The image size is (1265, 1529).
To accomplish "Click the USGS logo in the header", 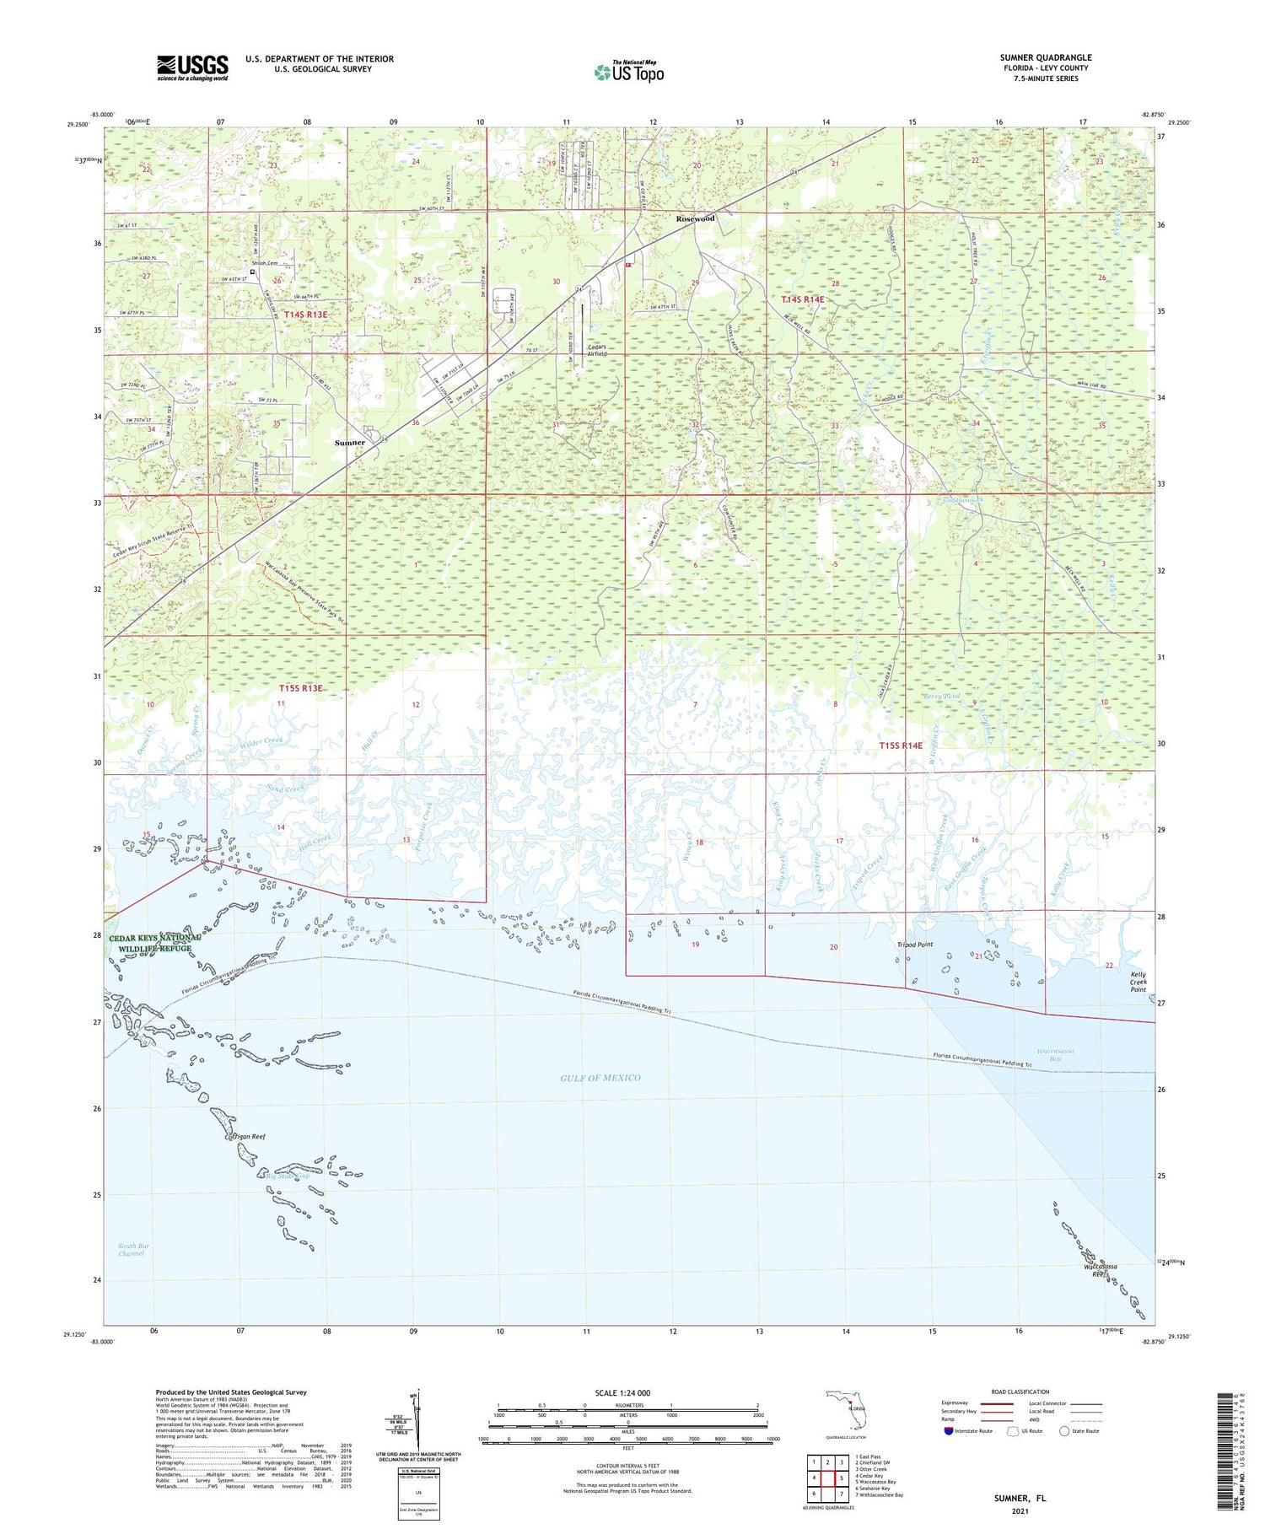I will [192, 67].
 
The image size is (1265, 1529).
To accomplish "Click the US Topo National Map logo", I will [629, 72].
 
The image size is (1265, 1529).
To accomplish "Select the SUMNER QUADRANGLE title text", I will [1045, 57].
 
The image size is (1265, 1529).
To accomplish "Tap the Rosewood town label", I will [695, 218].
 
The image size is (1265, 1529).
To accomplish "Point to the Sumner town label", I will [350, 443].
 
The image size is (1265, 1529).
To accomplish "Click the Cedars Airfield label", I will [596, 350].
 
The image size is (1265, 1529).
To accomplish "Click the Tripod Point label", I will [914, 945].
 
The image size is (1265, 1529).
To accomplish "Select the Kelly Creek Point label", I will [1138, 983].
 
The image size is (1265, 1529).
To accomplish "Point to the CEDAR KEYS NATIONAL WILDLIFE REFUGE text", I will [154, 943].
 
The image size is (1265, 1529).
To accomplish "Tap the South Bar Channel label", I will [132, 1249].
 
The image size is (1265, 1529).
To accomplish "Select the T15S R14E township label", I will [901, 746].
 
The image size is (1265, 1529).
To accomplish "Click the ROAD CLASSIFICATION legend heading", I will [1020, 1392].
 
